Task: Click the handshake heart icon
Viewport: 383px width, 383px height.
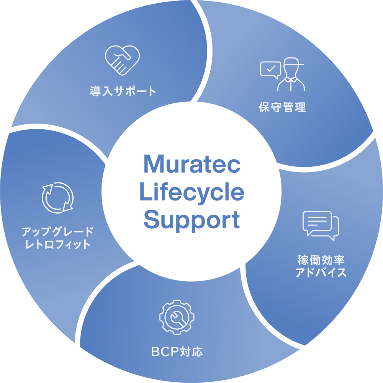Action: [x=122, y=60]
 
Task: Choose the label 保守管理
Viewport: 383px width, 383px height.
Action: [x=282, y=108]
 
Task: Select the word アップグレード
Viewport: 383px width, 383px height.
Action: [x=57, y=231]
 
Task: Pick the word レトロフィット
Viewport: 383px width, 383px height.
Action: [x=57, y=244]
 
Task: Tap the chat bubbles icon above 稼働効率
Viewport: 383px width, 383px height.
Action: [x=321, y=225]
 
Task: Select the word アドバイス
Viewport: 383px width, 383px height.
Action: [x=321, y=273]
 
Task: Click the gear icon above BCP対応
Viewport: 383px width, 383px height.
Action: [x=177, y=317]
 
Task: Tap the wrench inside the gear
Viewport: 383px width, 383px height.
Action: [x=177, y=318]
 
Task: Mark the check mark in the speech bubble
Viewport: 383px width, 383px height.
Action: [x=270, y=69]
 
